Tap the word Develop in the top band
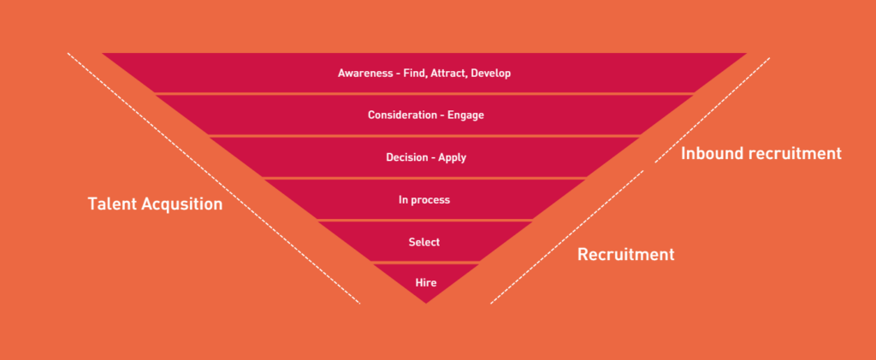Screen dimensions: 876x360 pos(490,74)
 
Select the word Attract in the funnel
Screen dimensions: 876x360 pos(448,74)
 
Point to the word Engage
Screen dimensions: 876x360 pos(465,115)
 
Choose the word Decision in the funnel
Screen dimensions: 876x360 pos(406,157)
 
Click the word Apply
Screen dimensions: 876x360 pos(452,158)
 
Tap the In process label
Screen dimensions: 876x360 pos(424,200)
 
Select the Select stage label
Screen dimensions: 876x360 pos(424,242)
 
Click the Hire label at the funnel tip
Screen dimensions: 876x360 pos(426,283)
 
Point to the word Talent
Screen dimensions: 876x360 pos(112,204)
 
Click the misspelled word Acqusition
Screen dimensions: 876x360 pos(182,204)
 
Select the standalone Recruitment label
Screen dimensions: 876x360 pos(625,255)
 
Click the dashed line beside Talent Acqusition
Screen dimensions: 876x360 pos(214,179)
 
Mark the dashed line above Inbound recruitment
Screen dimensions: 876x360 pos(713,110)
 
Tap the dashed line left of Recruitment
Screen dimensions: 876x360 pos(567,237)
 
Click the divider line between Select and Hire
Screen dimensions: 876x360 pos(426,263)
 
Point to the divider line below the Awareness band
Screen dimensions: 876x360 pos(424,93)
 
